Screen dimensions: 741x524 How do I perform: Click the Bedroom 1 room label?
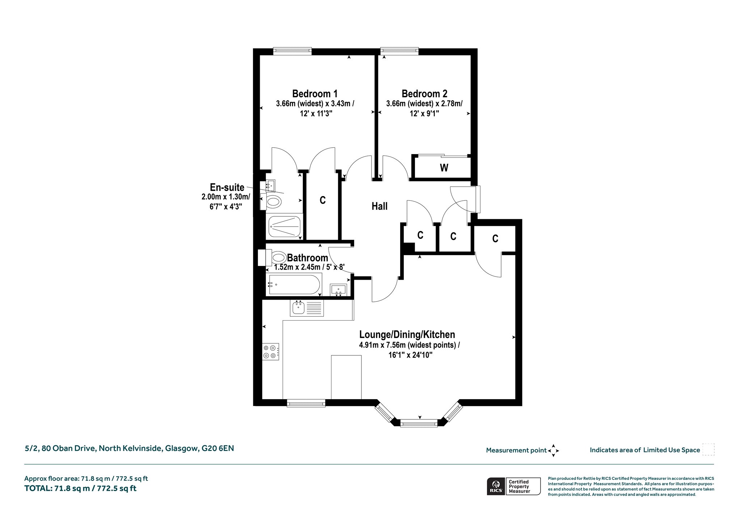pyautogui.click(x=315, y=94)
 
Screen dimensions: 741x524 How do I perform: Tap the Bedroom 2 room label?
pyautogui.click(x=424, y=94)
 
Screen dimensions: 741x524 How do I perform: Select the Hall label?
pyautogui.click(x=380, y=206)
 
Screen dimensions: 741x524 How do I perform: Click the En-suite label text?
pyautogui.click(x=227, y=187)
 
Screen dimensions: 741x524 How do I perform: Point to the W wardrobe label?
pyautogui.click(x=444, y=168)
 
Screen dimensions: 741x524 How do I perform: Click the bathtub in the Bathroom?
pyautogui.click(x=294, y=284)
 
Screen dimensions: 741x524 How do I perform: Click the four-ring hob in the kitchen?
pyautogui.click(x=271, y=351)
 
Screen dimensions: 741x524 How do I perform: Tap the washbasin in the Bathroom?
pyautogui.click(x=338, y=290)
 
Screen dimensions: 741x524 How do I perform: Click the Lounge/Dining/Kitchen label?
pyautogui.click(x=407, y=334)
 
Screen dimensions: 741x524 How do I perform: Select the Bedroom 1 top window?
pyautogui.click(x=292, y=51)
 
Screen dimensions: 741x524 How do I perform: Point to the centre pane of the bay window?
pyautogui.click(x=419, y=423)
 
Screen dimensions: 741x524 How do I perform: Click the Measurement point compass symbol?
pyautogui.click(x=553, y=451)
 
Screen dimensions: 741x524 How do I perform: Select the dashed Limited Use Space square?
pyautogui.click(x=708, y=449)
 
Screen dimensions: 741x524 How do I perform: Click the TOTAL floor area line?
pyautogui.click(x=80, y=488)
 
